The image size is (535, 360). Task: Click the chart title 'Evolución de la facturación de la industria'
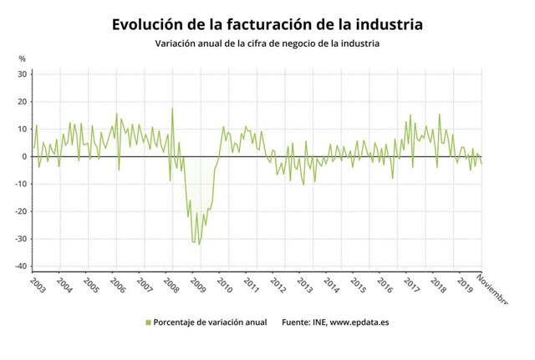267,24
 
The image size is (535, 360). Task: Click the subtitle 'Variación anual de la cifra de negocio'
267,44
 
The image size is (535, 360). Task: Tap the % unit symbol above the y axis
23,58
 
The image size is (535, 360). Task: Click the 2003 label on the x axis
37,284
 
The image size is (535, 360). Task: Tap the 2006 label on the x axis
117,284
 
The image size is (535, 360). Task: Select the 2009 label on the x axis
198,284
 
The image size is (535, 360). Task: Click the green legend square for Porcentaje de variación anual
148,322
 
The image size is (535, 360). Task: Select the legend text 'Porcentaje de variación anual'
210,322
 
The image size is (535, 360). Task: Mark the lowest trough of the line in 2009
198,244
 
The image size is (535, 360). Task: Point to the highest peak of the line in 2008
172,109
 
